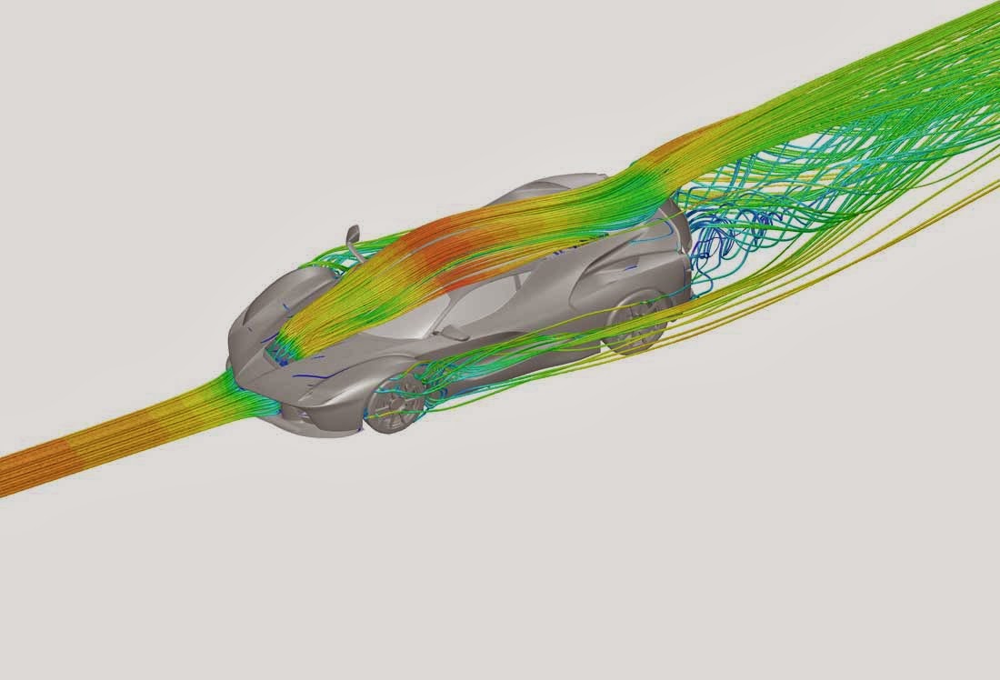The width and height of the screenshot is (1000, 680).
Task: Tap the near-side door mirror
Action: (455, 333)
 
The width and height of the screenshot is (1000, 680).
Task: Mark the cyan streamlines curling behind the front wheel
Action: (436, 382)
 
